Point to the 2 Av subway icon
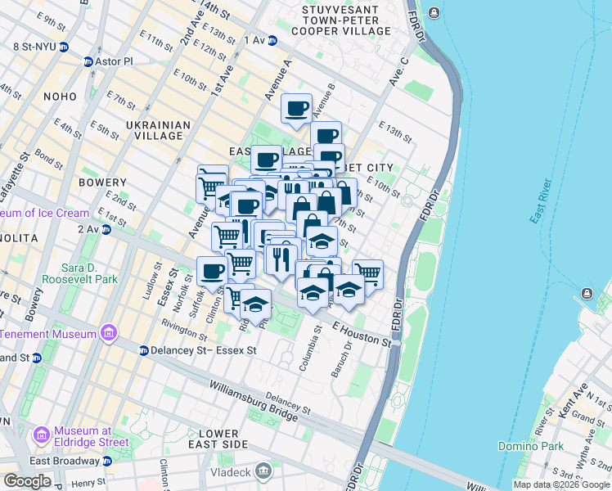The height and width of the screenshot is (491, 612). point(106,230)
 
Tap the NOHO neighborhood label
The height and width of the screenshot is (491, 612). point(60,97)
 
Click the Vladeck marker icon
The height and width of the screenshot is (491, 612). point(263,470)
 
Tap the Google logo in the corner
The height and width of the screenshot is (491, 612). point(27,481)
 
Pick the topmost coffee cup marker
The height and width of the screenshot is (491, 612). point(297,107)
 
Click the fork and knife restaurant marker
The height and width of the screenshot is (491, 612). point(281,259)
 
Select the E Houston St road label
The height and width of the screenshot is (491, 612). point(361,332)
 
